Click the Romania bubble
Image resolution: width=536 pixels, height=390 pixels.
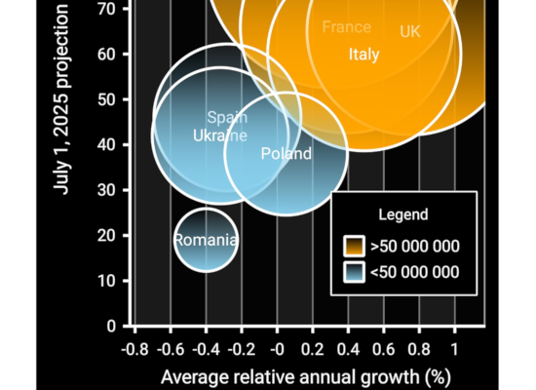coord(206,240)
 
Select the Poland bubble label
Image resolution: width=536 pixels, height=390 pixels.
coord(287,153)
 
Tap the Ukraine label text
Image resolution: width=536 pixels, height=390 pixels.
coord(220,136)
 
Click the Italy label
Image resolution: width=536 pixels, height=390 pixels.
coord(364,55)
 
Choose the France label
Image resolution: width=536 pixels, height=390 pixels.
coord(346,26)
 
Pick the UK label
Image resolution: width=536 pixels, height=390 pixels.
coord(410,32)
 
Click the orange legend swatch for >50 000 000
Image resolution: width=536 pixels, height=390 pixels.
coord(353,247)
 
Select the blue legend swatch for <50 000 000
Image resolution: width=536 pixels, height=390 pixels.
coord(353,272)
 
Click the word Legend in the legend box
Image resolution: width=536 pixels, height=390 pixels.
coord(402,214)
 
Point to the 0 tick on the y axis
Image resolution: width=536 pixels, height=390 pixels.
coord(112,326)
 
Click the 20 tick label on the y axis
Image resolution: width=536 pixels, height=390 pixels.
coord(108,235)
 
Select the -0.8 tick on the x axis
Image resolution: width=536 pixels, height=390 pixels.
coord(134,350)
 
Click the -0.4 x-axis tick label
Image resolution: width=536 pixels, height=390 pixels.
coord(206,350)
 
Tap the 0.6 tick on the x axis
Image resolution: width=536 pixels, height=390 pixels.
coord(383,350)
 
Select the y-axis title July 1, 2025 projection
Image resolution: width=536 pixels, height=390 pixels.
coord(62,97)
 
